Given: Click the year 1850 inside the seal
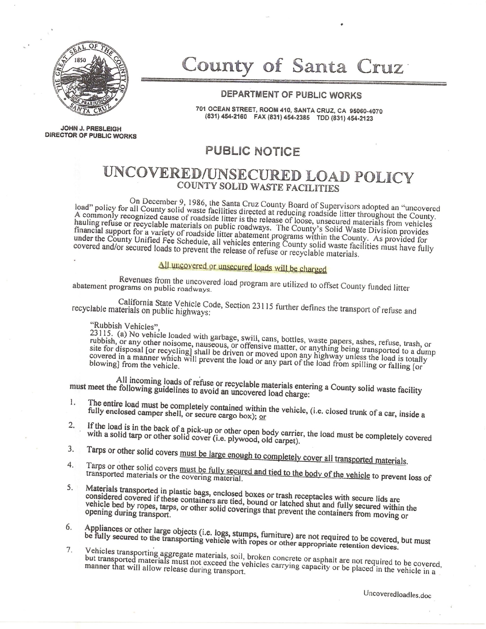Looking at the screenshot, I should (x=80, y=60).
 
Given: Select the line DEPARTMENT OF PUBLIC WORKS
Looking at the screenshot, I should (x=291, y=95).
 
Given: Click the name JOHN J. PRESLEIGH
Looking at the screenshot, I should (x=91, y=129).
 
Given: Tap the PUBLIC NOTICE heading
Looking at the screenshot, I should (x=252, y=151).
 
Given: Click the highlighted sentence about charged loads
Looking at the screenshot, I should (x=242, y=268).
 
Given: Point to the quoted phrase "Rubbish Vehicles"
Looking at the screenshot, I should (x=125, y=326).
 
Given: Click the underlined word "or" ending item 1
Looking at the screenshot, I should (x=262, y=417).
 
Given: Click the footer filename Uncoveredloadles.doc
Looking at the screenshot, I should (x=397, y=594).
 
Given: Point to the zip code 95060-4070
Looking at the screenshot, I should (x=366, y=111).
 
